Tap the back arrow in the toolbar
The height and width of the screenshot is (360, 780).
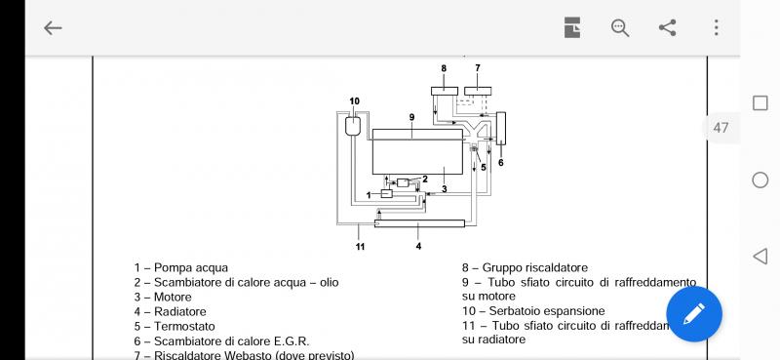pyautogui.click(x=53, y=28)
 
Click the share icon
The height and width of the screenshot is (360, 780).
pyautogui.click(x=668, y=28)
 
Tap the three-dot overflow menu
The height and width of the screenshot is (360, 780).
pyautogui.click(x=717, y=28)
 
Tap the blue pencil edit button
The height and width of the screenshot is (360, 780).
pyautogui.click(x=694, y=314)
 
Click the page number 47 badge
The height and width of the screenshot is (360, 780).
pyautogui.click(x=721, y=128)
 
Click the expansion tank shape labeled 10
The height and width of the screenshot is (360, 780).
pyautogui.click(x=353, y=125)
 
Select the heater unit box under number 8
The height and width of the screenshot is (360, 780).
pyautogui.click(x=445, y=91)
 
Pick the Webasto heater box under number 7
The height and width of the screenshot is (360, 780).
pyautogui.click(x=478, y=91)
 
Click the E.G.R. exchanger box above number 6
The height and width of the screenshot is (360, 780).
pyautogui.click(x=501, y=128)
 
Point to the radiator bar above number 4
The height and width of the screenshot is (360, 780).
pyautogui.click(x=419, y=223)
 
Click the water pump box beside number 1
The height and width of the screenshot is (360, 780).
pyautogui.click(x=387, y=194)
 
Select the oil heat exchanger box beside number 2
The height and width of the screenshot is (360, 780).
pyautogui.click(x=403, y=182)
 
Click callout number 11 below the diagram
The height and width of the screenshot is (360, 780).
pyautogui.click(x=360, y=246)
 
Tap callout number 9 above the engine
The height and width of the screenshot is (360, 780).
pyautogui.click(x=411, y=117)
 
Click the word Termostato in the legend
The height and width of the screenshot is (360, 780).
pyautogui.click(x=184, y=327)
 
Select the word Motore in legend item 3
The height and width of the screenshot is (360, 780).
pyautogui.click(x=173, y=298)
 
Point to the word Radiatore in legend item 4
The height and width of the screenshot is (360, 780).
pyautogui.click(x=180, y=311)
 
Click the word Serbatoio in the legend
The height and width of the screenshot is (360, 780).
pyautogui.click(x=514, y=311)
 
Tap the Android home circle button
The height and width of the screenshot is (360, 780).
pyautogui.click(x=760, y=180)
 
